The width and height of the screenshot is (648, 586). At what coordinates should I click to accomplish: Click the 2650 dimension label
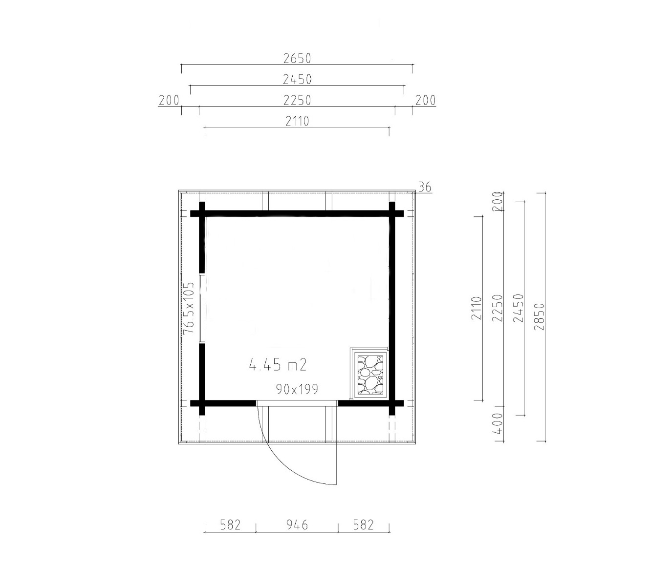pos(297,59)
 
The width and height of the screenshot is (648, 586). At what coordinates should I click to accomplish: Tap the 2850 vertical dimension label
pos(539,317)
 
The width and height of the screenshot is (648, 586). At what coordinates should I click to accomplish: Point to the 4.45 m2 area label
pos(278,365)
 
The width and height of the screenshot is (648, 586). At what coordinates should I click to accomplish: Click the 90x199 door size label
pos(297,389)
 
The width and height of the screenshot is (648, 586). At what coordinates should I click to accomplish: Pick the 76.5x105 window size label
pos(188,308)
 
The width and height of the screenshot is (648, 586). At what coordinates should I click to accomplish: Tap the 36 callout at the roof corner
pos(425,187)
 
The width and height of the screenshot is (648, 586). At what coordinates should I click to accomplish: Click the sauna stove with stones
pos(370,374)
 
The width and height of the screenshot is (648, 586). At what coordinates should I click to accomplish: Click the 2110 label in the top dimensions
pos(297,122)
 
